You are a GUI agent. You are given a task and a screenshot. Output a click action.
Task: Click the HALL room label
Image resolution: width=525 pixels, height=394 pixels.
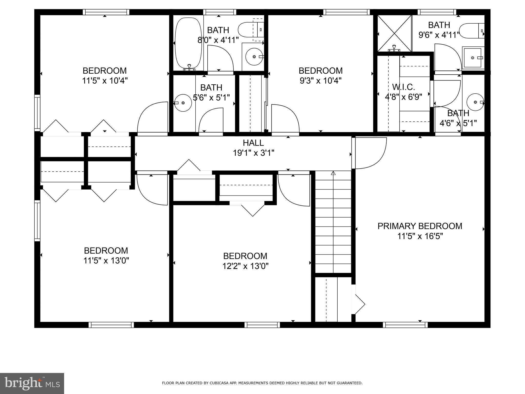coord(253,143)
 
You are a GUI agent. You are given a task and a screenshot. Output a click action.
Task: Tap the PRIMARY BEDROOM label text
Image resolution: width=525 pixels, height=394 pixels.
coord(420,226)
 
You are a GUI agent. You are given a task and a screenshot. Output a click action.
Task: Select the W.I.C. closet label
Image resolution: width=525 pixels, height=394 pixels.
coord(403,87)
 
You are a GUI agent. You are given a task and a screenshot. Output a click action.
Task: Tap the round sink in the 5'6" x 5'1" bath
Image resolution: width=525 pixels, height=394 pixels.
coord(183,103)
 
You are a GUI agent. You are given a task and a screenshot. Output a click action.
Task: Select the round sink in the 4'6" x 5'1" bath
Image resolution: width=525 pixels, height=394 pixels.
coord(475,102)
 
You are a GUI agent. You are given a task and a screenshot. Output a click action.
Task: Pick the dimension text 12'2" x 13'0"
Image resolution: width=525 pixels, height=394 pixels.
coord(245,266)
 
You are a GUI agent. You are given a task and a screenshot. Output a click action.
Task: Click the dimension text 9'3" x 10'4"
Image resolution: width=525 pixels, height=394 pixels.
coord(320,81)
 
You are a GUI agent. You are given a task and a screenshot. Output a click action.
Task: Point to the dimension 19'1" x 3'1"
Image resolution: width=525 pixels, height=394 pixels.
coord(253,153)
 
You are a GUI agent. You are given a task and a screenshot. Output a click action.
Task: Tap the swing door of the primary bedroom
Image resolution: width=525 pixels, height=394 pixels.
coord(369,153)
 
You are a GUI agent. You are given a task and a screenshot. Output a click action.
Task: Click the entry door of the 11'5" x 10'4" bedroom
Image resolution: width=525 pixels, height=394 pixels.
coord(152,118)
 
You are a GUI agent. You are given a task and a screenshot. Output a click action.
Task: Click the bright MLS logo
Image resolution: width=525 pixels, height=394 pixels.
coord(32,383)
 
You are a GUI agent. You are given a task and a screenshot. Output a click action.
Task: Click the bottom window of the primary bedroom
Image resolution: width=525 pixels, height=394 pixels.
coord(405,325)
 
